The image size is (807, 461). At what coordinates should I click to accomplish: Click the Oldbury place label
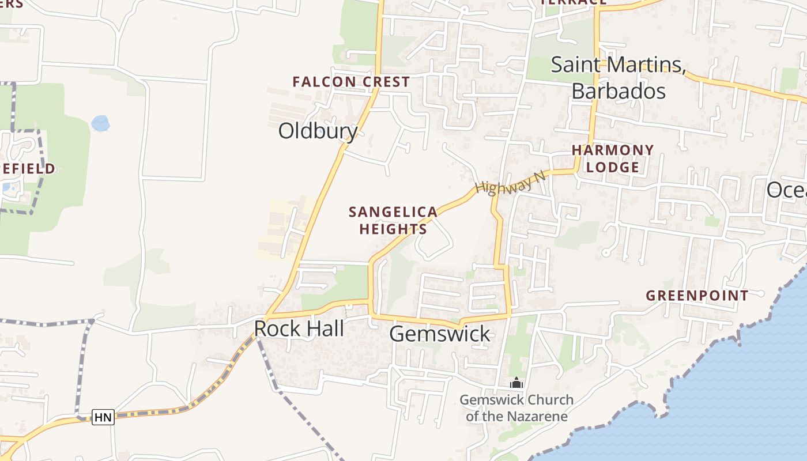pyautogui.click(x=318, y=131)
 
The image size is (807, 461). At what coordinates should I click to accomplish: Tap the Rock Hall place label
pyautogui.click(x=299, y=329)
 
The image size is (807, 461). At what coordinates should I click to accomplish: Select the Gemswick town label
pyautogui.click(x=440, y=334)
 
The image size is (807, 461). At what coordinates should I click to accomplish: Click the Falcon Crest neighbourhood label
pyautogui.click(x=350, y=82)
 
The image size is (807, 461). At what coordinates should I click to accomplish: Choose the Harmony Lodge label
pyautogui.click(x=613, y=159)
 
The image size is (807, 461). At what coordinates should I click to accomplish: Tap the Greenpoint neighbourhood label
pyautogui.click(x=697, y=296)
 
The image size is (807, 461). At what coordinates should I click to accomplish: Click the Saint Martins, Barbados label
pyautogui.click(x=618, y=78)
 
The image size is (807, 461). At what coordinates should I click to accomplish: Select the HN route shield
pyautogui.click(x=104, y=417)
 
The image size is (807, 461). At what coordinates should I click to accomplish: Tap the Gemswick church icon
pyautogui.click(x=516, y=383)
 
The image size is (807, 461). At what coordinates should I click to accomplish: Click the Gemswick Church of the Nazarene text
pyautogui.click(x=516, y=408)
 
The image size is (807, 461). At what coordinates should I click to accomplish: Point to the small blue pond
pyautogui.click(x=100, y=123)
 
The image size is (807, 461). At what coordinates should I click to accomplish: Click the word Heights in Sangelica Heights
pyautogui.click(x=393, y=229)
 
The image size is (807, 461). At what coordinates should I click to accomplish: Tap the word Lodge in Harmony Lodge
pyautogui.click(x=613, y=168)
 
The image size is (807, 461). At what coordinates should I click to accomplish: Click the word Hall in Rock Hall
pyautogui.click(x=325, y=329)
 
